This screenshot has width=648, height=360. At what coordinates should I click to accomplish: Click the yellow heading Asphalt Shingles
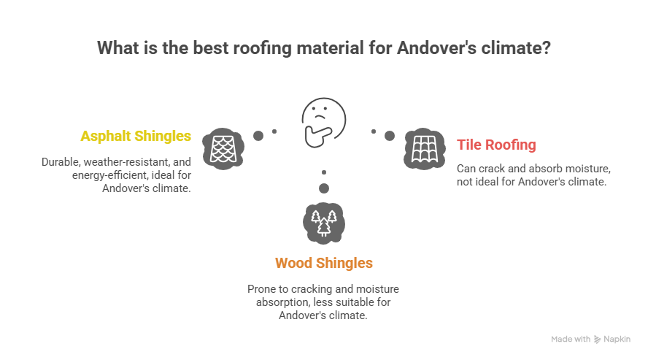(136, 136)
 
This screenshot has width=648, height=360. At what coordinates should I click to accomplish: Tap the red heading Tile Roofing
(496, 145)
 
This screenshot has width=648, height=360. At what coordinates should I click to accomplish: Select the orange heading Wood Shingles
(323, 263)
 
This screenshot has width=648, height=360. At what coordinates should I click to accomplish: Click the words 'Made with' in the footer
(570, 340)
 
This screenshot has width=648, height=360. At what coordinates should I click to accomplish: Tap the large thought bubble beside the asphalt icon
(258, 136)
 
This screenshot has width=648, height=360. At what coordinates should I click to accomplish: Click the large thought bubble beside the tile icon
(390, 136)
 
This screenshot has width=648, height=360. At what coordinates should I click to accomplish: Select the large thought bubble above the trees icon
(324, 188)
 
